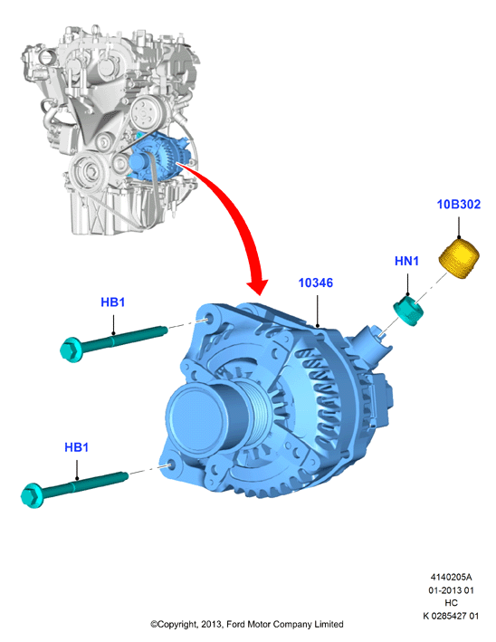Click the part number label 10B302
pos(458,205)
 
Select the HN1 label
pos(406,261)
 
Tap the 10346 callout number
pos(316,283)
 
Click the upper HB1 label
pos(112,302)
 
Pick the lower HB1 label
pos(77,447)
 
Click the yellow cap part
pos(459,259)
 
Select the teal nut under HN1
pos(408,311)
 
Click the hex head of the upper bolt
pos(72,350)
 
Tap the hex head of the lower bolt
pos(32,495)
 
